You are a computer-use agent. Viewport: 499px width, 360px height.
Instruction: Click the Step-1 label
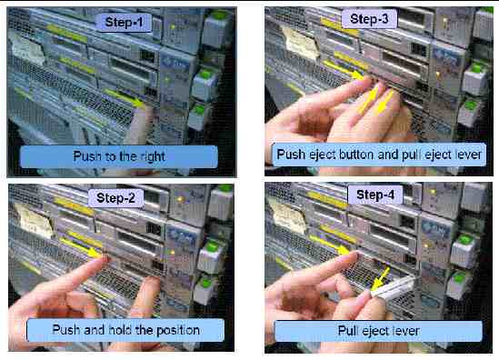124,23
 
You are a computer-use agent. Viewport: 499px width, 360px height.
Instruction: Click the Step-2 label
115,198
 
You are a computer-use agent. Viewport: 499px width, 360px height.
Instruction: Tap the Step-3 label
369,19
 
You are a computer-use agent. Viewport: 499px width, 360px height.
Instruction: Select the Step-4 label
375,195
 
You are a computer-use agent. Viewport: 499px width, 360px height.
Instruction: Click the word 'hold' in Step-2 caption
119,330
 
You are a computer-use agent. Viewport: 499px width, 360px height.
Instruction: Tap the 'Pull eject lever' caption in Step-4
378,331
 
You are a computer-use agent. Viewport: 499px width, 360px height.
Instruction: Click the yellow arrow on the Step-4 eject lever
380,278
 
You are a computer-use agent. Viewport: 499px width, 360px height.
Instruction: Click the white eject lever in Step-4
394,287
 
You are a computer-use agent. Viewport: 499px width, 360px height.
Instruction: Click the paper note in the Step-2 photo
34,221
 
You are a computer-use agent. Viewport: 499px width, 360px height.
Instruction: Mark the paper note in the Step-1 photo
27,49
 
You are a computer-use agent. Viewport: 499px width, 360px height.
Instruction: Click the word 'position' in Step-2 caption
178,330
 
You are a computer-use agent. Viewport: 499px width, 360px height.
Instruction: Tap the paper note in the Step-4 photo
288,217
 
